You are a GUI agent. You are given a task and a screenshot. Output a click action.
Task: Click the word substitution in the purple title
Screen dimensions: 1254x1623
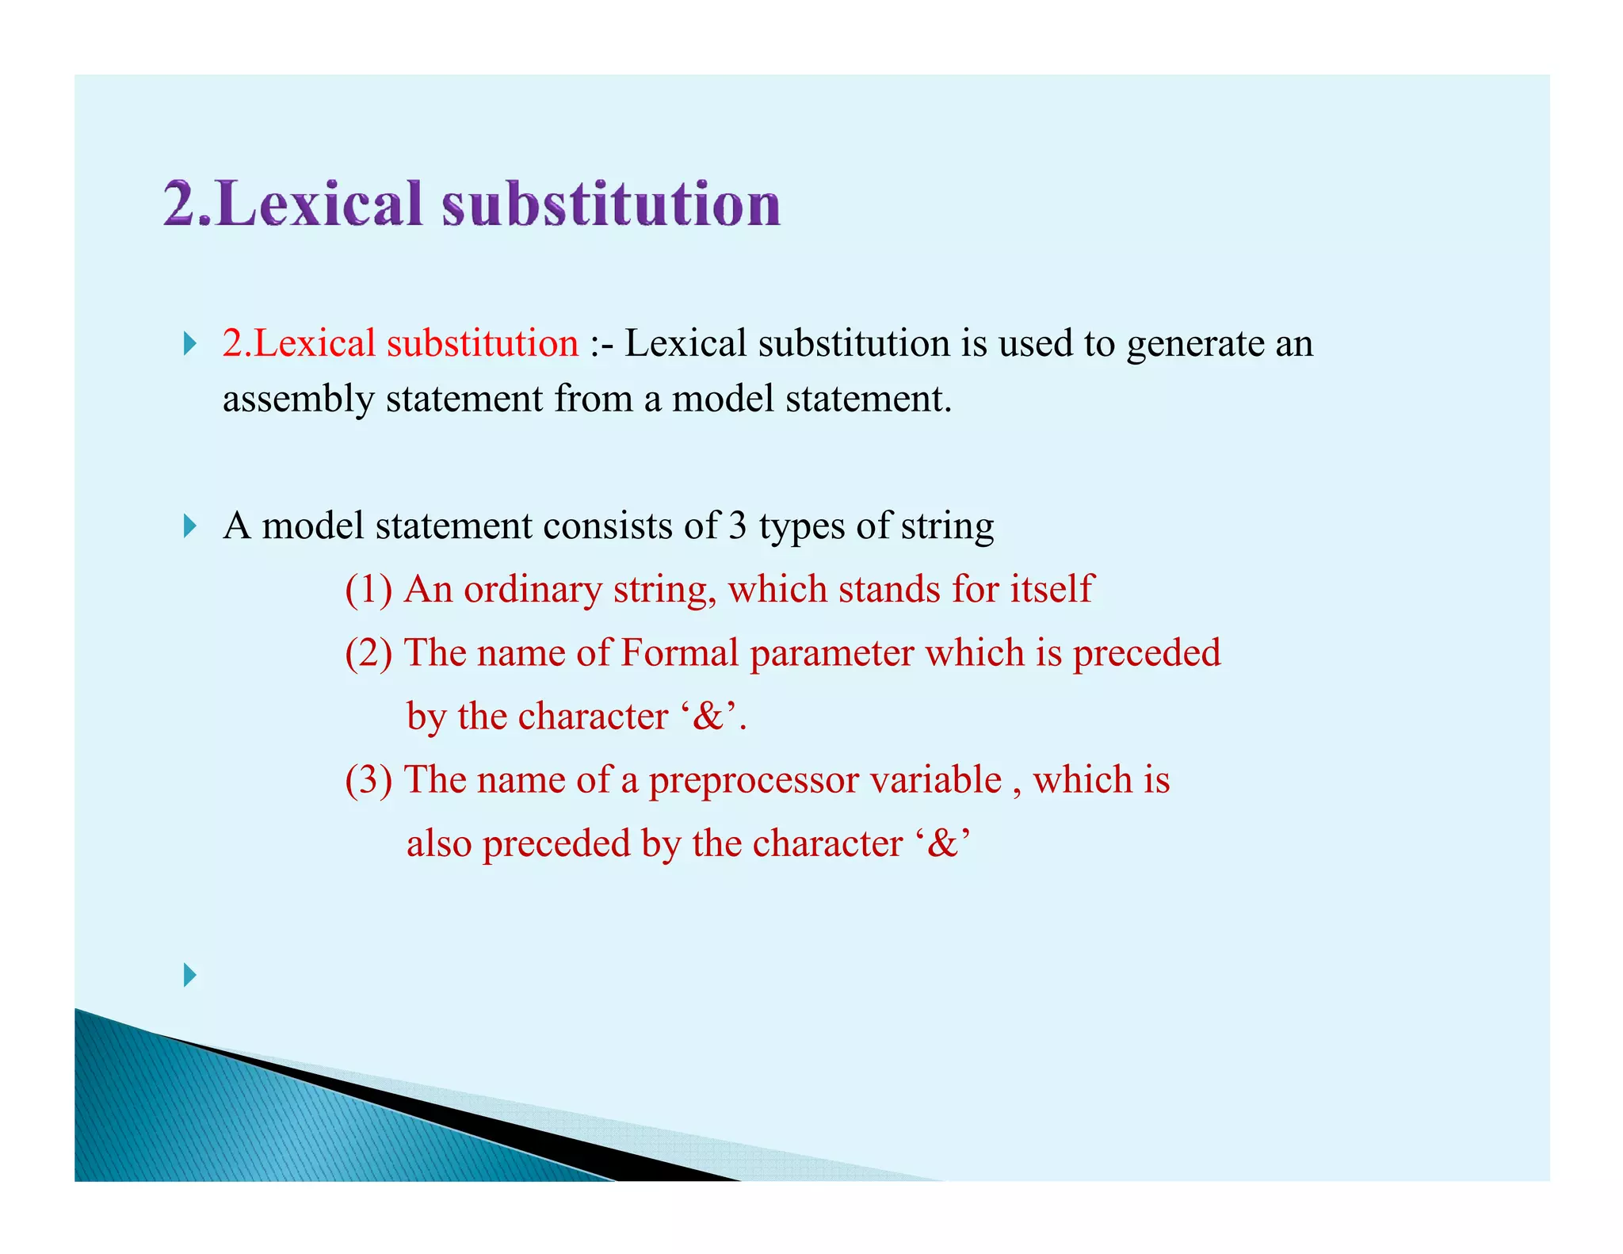point(611,205)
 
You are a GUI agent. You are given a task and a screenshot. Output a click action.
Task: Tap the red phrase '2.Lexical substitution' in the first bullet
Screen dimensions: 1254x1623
point(400,343)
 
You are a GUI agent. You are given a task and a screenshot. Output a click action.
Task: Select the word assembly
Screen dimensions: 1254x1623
point(298,399)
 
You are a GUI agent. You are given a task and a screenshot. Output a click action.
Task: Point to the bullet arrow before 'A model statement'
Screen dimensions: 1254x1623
point(189,526)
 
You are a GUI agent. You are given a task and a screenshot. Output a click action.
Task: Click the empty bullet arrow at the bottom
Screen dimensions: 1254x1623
point(189,974)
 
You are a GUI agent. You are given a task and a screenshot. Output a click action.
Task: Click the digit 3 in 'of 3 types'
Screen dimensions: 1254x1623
point(737,526)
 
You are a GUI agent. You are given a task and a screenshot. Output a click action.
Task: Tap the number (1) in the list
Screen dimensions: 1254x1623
point(369,590)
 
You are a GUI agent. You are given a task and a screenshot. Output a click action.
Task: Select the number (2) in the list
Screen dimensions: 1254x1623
point(369,653)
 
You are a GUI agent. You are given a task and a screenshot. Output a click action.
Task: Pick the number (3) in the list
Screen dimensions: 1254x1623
point(369,780)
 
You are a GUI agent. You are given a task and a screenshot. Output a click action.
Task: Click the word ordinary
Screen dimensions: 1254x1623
point(533,590)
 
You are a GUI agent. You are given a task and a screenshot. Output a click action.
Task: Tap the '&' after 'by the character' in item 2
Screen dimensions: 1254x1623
point(707,717)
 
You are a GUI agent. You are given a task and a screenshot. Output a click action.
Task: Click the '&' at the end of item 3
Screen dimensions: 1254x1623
point(941,843)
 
